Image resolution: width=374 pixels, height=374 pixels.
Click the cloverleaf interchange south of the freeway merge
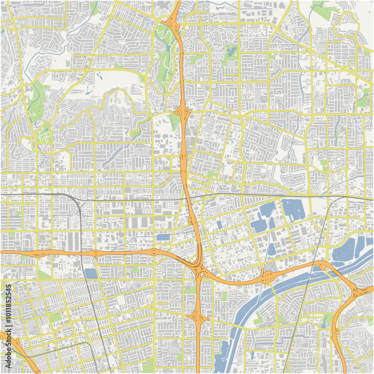[x=197, y=317]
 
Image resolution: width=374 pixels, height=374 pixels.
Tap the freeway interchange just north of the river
[x=268, y=277]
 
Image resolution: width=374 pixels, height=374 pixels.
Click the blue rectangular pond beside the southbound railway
[x=91, y=273]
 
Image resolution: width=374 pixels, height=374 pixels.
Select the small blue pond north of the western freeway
[x=163, y=237]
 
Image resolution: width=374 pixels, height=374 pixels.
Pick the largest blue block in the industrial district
[x=293, y=209]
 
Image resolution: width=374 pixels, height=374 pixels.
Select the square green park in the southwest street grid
[x=56, y=317]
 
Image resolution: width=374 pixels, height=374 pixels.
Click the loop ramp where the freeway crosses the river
[x=322, y=267]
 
